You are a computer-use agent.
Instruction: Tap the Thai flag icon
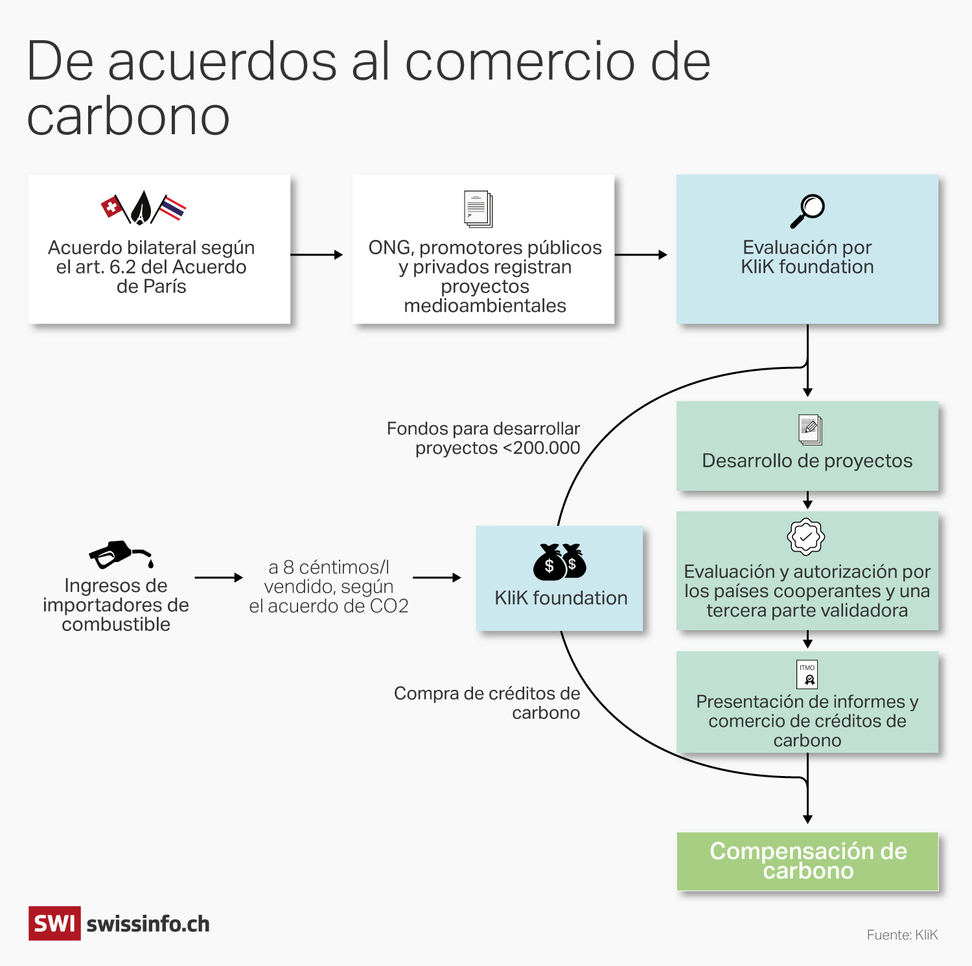tap(171, 208)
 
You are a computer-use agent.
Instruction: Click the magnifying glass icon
tap(807, 211)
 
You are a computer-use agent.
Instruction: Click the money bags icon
tap(560, 561)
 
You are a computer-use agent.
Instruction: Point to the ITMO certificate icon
tap(807, 674)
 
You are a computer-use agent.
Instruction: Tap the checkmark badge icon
tap(805, 537)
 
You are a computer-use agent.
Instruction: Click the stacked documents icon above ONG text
tap(478, 209)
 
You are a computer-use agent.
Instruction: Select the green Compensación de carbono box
tap(807, 861)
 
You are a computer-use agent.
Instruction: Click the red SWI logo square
tap(54, 923)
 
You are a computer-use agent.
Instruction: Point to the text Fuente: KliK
tap(902, 935)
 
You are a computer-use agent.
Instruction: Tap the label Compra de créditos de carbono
tap(487, 703)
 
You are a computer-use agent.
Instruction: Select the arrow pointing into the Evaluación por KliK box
tap(641, 255)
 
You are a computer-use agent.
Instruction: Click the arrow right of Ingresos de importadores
tap(218, 577)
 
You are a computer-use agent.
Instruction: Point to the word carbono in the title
tap(128, 117)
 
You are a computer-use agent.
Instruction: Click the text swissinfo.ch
tap(148, 924)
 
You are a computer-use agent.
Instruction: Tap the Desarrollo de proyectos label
tap(807, 461)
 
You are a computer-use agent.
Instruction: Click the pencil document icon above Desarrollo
tap(810, 429)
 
